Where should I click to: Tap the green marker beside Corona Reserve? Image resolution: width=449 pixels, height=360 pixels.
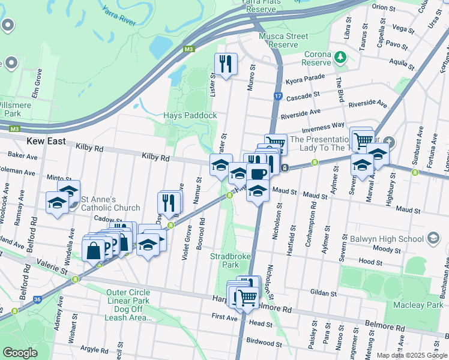(341, 58)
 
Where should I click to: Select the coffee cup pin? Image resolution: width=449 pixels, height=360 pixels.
(258, 173)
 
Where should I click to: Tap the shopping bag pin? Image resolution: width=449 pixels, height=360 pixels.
(94, 249)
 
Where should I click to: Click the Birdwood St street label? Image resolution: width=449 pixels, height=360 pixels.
(264, 343)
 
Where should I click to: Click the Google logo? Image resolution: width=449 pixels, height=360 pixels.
(20, 353)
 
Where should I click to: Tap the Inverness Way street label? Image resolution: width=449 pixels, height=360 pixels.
(323, 125)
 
